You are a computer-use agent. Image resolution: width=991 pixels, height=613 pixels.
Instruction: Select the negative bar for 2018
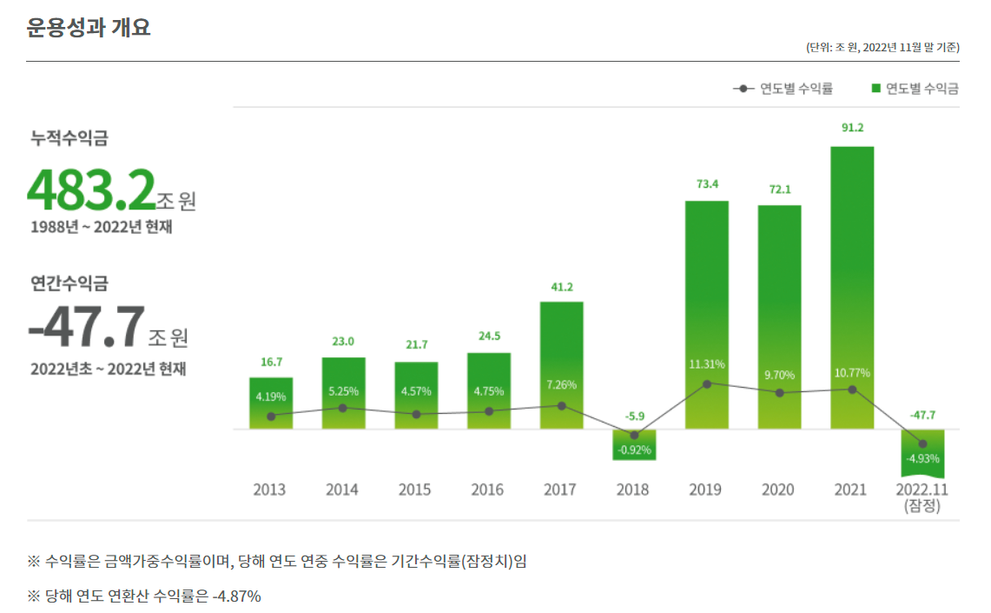[633, 445]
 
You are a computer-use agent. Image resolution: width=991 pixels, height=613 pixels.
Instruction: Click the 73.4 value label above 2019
[706, 184]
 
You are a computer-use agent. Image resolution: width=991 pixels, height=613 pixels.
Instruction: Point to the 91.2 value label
[852, 128]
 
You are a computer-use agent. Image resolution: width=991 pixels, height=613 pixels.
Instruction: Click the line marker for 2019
[707, 383]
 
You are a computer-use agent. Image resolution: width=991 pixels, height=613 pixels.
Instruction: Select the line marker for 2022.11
[922, 443]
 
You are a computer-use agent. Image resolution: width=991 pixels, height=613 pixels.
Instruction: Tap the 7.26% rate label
[561, 385]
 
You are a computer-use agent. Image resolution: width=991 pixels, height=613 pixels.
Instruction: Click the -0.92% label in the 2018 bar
[633, 450]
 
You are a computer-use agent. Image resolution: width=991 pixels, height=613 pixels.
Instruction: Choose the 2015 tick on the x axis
[414, 490]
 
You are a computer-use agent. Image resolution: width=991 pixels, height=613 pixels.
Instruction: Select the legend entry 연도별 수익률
[783, 89]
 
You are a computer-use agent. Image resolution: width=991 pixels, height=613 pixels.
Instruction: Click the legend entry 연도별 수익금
[915, 89]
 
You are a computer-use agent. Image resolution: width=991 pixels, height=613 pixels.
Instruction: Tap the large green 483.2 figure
[91, 190]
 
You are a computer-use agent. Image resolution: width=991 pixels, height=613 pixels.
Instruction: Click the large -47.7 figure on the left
[87, 326]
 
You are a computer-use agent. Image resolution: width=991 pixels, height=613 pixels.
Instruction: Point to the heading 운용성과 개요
[89, 27]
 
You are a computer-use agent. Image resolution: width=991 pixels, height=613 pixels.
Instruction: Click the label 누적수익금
[69, 138]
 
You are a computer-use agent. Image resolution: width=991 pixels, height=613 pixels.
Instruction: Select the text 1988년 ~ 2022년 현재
[102, 227]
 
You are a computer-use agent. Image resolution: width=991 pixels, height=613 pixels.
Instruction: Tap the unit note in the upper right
[882, 47]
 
